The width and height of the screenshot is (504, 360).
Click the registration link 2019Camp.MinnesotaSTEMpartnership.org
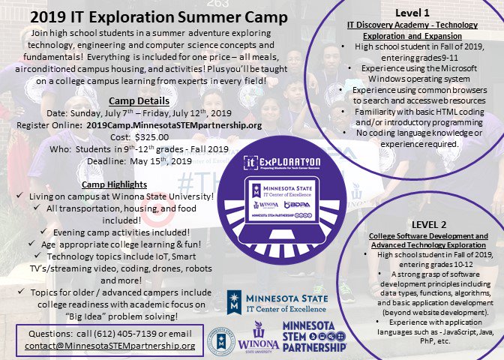[174, 126]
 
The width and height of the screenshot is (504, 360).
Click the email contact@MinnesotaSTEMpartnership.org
[109, 346]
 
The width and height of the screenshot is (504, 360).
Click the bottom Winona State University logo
[259, 337]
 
